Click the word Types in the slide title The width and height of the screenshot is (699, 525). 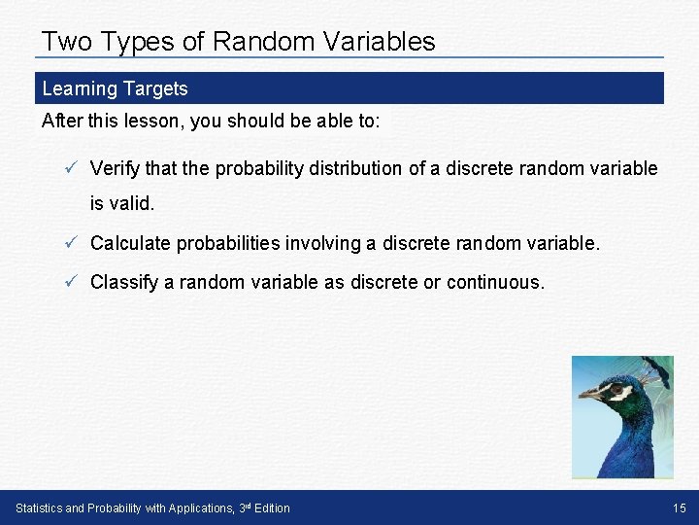[138, 42]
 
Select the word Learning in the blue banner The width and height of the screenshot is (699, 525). [79, 88]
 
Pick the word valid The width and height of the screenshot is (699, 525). [134, 205]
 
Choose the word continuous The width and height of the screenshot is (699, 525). [495, 282]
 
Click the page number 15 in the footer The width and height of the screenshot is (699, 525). [679, 507]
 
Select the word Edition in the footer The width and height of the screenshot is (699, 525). [270, 507]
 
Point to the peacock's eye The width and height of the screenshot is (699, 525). [613, 390]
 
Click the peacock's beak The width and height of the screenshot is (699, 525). [588, 395]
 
